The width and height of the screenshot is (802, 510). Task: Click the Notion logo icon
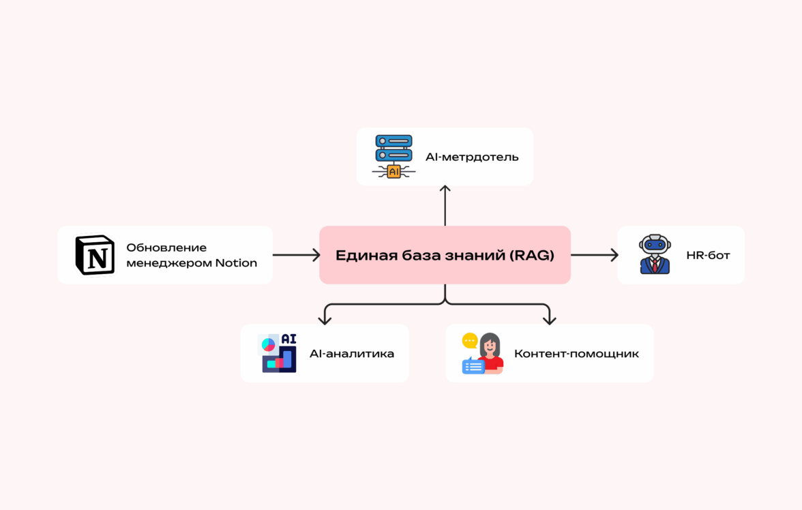coord(95,255)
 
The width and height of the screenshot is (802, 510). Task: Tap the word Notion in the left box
coord(236,262)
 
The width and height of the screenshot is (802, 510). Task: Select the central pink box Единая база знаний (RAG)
coord(445,255)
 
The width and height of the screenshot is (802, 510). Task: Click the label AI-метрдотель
coord(472,157)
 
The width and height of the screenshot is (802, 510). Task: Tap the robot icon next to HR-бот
coord(655,255)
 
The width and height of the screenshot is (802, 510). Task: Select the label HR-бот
coord(709,256)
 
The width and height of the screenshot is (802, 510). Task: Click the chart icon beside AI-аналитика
coord(279,353)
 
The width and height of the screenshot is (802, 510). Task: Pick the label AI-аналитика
coord(352,354)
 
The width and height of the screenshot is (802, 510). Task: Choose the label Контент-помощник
coord(576,354)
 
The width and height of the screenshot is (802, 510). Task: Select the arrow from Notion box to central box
coord(296,255)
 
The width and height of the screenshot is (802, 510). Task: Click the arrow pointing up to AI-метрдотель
coord(445,205)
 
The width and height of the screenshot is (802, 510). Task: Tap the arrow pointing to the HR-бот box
coord(595,255)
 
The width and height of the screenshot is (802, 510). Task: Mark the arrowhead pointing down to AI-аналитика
coord(325,318)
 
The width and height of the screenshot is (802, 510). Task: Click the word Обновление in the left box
coord(166,247)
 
